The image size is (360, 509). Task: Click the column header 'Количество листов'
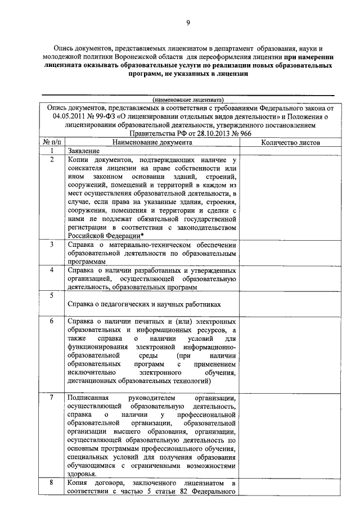[x=290, y=143]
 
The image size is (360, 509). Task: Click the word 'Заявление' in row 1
[x=84, y=151]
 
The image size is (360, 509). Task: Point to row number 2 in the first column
[x=51, y=160]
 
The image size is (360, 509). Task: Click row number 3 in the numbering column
[x=51, y=245]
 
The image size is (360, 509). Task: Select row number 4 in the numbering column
[x=51, y=270]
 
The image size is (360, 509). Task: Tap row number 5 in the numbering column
[x=51, y=295]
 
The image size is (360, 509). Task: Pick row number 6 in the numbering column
[x=51, y=321]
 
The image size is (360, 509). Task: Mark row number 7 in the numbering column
[x=51, y=398]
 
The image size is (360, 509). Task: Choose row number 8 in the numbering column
[x=51, y=483]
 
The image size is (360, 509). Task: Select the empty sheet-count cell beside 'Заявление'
[x=290, y=151]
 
